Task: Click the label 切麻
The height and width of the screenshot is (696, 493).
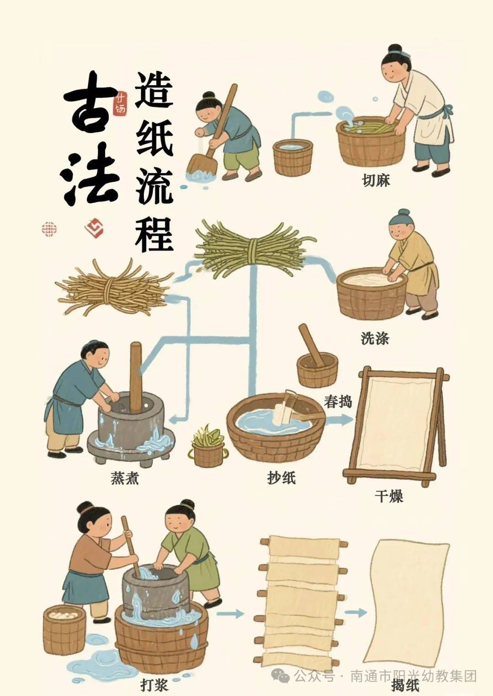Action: tap(376, 181)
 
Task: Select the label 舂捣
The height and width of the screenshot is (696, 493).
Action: tap(338, 402)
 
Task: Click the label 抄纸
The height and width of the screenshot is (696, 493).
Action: tap(281, 478)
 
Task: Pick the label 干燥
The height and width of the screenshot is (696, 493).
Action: tap(389, 496)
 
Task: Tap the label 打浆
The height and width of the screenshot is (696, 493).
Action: tap(154, 685)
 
